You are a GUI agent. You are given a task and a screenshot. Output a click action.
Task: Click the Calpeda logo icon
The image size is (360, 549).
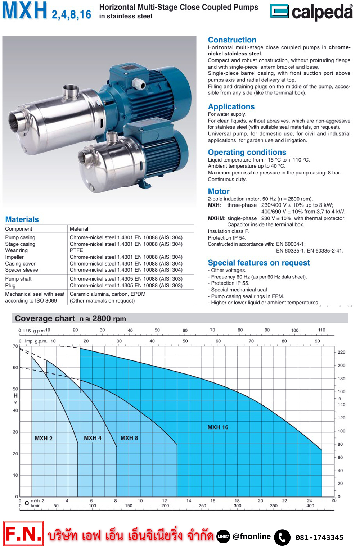(279, 11)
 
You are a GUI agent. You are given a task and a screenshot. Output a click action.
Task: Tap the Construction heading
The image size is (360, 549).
(232, 40)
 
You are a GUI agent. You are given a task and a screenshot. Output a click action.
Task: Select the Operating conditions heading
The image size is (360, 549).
(247, 152)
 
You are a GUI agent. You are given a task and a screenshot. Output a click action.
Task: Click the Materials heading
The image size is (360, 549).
(22, 219)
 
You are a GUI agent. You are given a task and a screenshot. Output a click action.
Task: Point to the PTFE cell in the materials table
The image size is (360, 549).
(76, 250)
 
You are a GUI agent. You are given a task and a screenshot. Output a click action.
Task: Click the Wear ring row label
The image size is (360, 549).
(17, 250)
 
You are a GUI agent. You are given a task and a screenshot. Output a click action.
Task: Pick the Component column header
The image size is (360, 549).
(19, 229)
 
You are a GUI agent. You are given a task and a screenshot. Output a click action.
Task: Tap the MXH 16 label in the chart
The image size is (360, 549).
(218, 427)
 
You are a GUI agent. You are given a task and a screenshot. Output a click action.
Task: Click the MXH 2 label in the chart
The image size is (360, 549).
(44, 439)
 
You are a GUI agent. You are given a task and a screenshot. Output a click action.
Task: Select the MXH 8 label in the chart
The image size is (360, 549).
(129, 438)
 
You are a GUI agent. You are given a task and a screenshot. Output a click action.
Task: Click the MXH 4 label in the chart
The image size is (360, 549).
(93, 438)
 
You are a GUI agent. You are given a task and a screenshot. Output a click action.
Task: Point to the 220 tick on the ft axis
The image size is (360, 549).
(341, 352)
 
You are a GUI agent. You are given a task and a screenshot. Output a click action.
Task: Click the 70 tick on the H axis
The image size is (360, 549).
(15, 346)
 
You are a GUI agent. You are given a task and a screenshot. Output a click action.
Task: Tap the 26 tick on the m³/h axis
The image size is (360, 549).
(334, 500)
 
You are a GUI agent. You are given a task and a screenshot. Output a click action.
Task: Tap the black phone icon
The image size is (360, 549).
(282, 537)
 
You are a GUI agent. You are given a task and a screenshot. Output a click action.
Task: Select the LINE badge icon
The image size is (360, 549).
(223, 536)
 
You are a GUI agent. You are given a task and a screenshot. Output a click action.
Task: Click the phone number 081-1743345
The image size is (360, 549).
(319, 537)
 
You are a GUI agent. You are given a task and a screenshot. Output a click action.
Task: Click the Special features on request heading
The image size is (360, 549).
(259, 263)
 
